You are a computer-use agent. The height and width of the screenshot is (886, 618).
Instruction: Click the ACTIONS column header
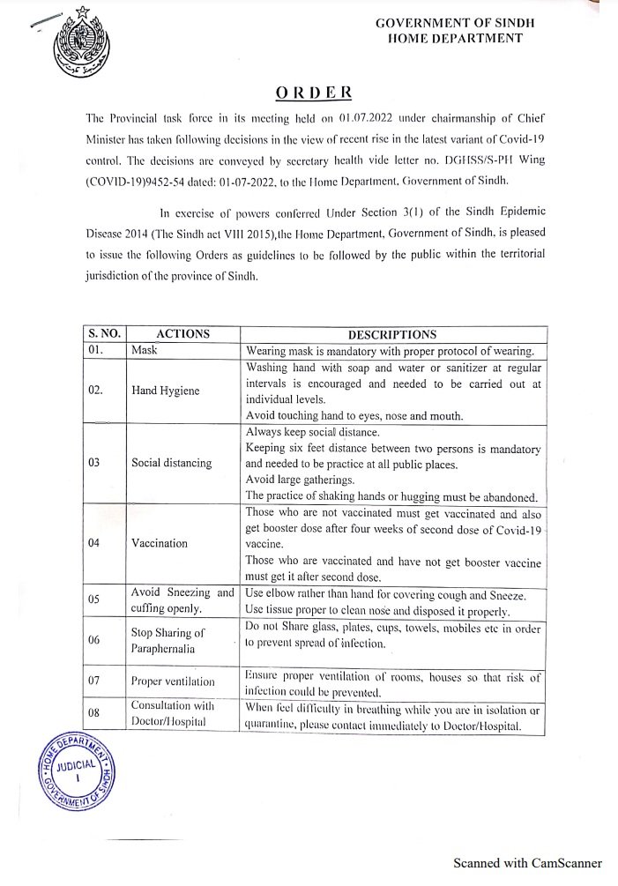(x=182, y=334)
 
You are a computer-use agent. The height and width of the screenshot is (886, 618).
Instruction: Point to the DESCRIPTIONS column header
(x=392, y=334)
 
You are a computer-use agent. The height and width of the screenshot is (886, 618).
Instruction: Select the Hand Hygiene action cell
(x=166, y=389)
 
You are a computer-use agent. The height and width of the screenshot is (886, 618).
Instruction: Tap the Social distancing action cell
(x=171, y=463)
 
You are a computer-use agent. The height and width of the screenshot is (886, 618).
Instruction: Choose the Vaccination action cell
(x=159, y=543)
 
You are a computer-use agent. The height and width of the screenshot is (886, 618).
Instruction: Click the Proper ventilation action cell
(x=172, y=681)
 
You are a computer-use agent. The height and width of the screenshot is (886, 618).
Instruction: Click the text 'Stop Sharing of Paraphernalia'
(x=168, y=640)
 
